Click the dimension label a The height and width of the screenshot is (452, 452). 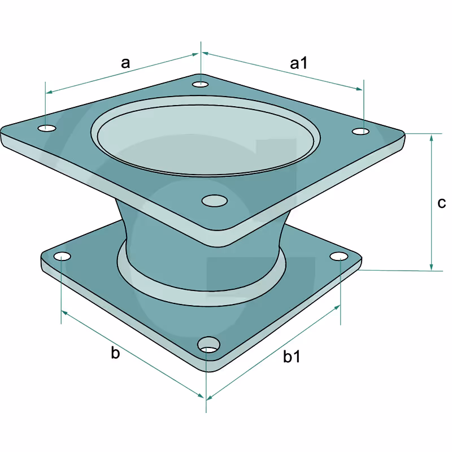125,63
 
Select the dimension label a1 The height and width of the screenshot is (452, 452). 299,63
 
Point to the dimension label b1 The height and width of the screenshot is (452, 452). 292,356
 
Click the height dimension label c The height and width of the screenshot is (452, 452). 441,203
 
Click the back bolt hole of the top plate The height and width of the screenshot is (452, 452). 201,84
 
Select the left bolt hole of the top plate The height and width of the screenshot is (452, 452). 47,128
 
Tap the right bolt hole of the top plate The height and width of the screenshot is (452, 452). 360,132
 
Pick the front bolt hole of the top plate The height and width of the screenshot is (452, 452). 215,201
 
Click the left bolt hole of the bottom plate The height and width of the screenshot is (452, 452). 62,257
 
